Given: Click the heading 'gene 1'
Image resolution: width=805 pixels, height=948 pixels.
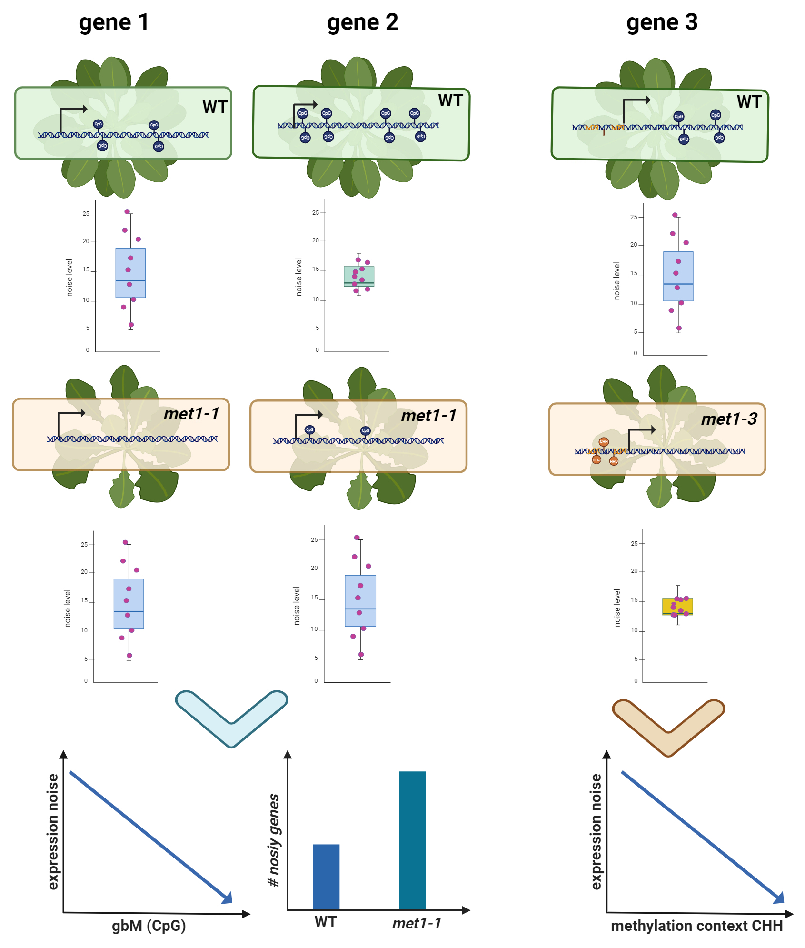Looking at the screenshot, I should coord(114,22).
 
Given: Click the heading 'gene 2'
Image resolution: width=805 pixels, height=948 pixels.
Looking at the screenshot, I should coord(362,22).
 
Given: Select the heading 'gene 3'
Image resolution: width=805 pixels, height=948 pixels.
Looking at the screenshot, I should coord(662,22).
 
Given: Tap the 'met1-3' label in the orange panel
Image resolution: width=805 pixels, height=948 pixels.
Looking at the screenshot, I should coord(729,419).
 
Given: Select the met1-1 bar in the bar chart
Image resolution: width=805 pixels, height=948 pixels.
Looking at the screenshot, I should coord(412,840).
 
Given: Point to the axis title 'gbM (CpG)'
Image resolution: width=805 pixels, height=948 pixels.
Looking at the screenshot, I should coord(149,926).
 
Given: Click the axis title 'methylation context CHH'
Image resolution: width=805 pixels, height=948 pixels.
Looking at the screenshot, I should coord(696,926).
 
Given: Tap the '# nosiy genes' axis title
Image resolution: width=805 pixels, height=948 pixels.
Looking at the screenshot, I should coord(274,840).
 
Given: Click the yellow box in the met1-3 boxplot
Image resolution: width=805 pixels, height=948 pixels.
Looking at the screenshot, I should coord(677,607).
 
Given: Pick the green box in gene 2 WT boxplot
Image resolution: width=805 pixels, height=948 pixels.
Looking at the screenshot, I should coord(359,276).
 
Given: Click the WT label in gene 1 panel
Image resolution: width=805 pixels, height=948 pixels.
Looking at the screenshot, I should coord(215,107).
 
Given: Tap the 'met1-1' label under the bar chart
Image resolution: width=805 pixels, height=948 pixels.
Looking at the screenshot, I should coord(417,923).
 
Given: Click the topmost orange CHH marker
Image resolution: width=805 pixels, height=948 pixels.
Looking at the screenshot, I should coord(604,441).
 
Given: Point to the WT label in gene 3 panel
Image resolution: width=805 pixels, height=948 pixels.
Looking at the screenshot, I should coord(749,102).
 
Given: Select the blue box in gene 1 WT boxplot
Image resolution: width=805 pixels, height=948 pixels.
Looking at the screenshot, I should coord(130,273).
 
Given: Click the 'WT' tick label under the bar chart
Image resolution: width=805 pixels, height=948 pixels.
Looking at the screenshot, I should coord(326,922).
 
